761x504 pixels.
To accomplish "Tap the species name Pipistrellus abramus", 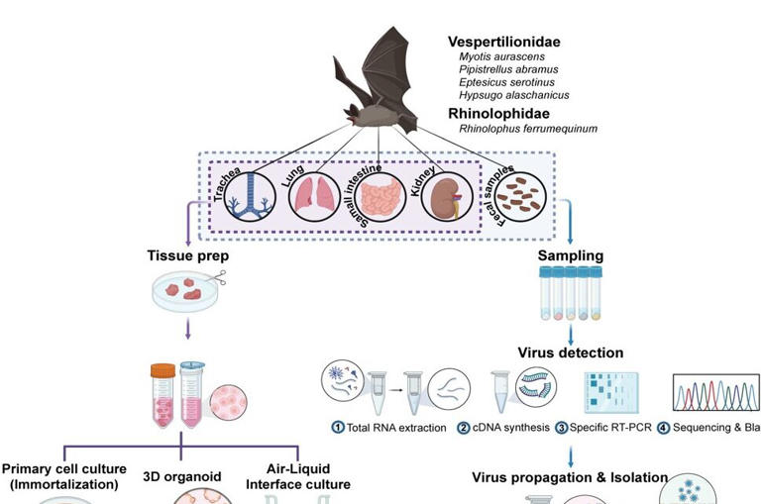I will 508,69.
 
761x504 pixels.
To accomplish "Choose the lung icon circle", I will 314,194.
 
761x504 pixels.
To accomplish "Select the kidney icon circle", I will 449,195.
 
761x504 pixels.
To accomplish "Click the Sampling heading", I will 570,255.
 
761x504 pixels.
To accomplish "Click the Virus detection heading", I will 570,352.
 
